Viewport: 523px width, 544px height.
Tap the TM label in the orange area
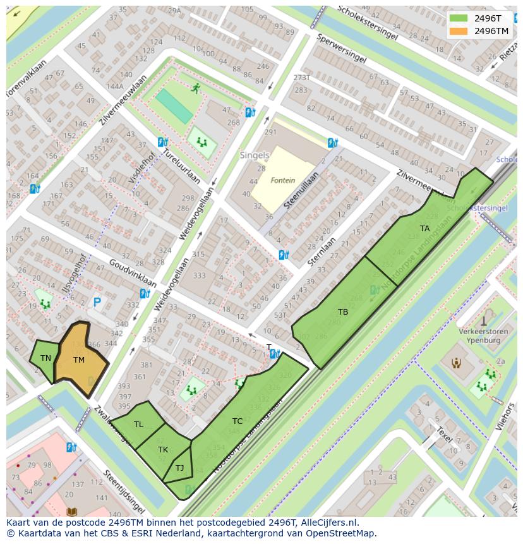(78, 360)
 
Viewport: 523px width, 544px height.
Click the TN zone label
(45, 358)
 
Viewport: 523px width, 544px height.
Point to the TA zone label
(424, 229)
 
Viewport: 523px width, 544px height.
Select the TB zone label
(342, 312)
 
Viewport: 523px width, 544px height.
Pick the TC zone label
(237, 421)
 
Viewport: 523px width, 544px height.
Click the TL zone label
(138, 425)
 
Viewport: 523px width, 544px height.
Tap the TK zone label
(163, 450)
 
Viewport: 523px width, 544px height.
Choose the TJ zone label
(179, 468)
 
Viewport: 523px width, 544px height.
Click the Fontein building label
(282, 180)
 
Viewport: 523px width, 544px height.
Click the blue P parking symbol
(97, 303)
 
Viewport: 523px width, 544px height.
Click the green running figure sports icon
(196, 88)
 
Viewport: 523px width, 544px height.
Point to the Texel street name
(445, 435)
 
